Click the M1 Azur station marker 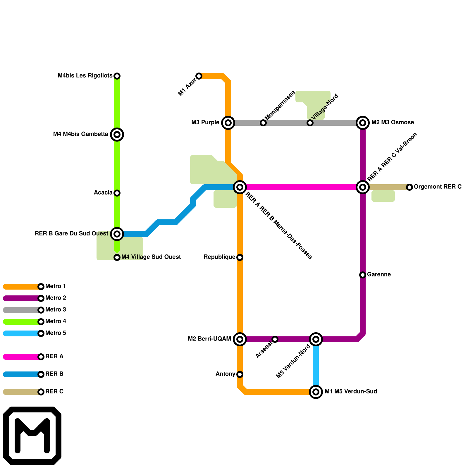(x=199, y=76)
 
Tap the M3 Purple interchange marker (x=228, y=123)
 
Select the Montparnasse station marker (x=263, y=123)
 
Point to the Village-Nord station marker (x=310, y=123)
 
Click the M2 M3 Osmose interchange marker (x=363, y=123)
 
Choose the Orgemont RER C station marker (x=409, y=187)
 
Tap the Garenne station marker (x=363, y=275)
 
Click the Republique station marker (x=240, y=257)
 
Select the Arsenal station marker (x=275, y=339)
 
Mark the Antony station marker (x=240, y=374)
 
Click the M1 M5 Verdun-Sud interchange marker (x=316, y=392)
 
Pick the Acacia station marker (x=117, y=193)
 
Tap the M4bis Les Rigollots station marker (x=117, y=76)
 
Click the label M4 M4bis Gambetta (x=81, y=134)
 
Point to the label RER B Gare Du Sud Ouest (x=71, y=234)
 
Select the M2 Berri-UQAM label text (x=209, y=339)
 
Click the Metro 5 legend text (x=56, y=333)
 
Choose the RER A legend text (x=54, y=357)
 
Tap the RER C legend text (x=54, y=392)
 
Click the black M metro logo (x=32, y=436)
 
